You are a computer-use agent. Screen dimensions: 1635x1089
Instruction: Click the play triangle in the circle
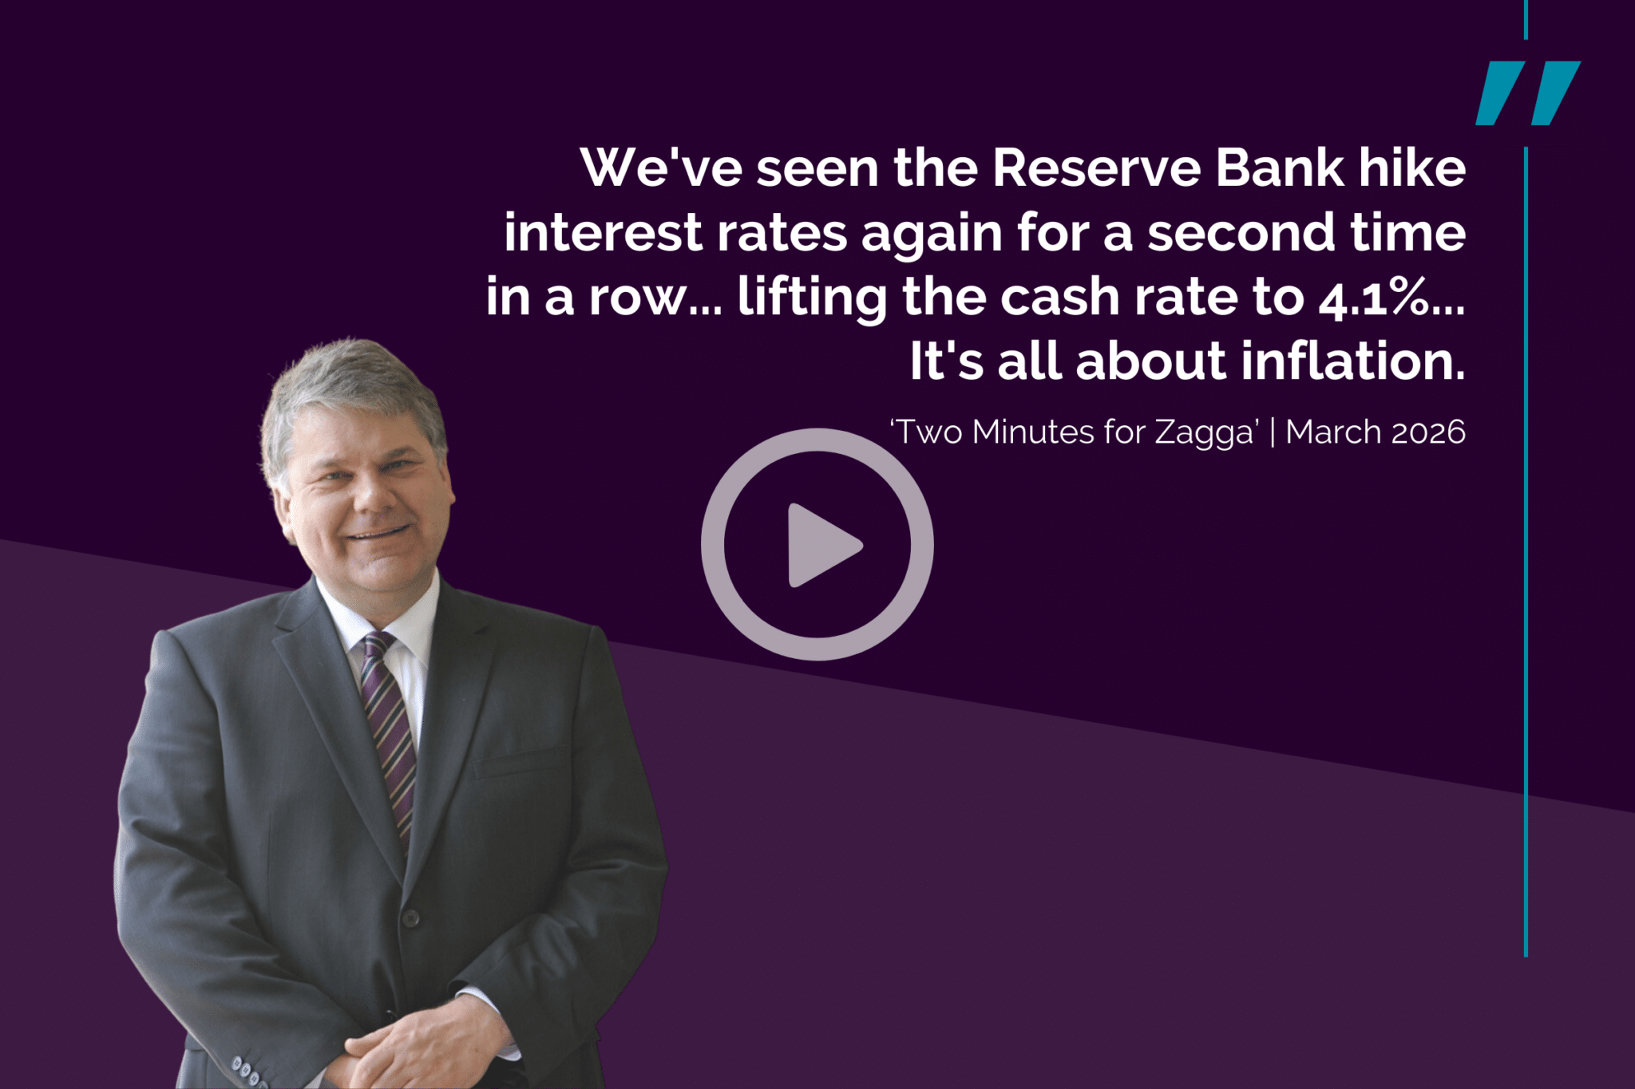pos(822,546)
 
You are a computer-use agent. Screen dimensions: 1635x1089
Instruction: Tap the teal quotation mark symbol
pos(1528,93)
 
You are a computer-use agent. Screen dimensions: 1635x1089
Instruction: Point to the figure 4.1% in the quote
pos(1372,298)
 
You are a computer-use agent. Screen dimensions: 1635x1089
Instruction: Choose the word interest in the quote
pos(602,233)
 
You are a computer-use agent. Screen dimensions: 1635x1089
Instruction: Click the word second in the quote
pos(1241,233)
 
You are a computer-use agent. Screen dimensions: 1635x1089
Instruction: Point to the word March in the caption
pos(1333,432)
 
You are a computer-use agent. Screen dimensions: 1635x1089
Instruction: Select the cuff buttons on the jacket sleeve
pos(248,1072)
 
